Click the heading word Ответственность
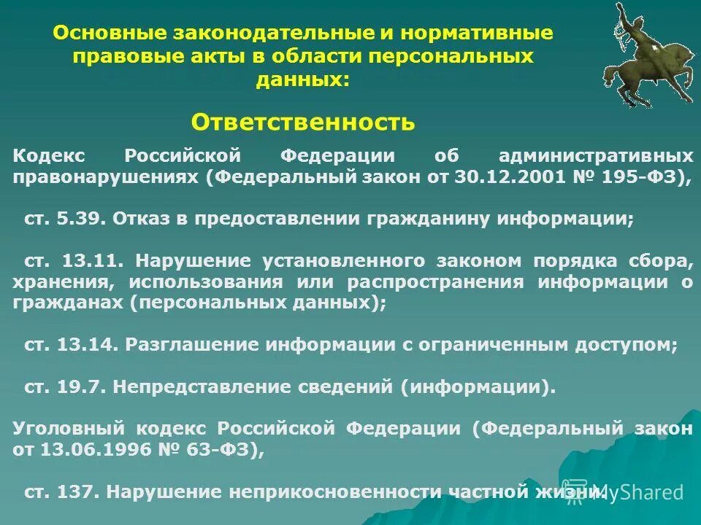coord(303,122)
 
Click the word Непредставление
coord(202,387)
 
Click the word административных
coord(596,156)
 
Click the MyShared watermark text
coord(643,493)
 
